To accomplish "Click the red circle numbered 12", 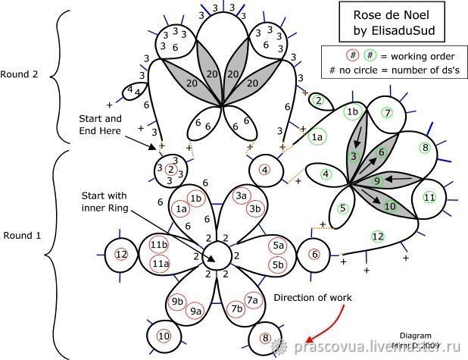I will coord(121,254).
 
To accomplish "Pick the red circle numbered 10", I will coord(164,335).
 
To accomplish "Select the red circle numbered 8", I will coord(265,338).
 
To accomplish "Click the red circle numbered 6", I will coord(315,255).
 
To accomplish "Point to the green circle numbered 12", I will coord(378,236).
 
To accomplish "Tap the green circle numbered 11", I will coord(429,198).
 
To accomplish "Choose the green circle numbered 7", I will coord(387,114).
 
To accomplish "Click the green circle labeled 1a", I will coord(317,136).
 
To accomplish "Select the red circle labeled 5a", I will coord(278,246).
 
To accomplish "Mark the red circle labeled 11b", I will coord(159,245).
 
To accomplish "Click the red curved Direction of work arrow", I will coord(322,326).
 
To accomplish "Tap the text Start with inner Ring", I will coord(106,203).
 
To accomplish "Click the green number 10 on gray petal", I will coord(390,205).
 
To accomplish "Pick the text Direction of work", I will coord(313,298).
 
